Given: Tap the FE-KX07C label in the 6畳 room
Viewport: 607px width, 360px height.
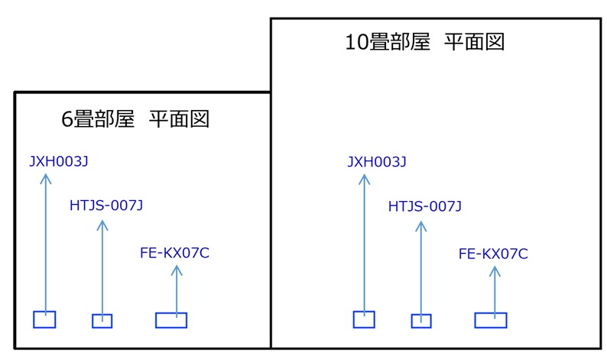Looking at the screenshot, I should (175, 253).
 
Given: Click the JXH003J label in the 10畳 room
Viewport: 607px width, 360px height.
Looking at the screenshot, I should (376, 161).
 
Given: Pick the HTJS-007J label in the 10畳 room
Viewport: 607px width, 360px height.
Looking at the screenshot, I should (425, 206).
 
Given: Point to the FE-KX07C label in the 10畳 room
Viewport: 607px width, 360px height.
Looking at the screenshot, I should (493, 254).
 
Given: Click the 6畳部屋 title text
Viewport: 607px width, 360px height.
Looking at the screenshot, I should (98, 119).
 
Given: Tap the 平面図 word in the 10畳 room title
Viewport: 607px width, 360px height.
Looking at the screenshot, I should (475, 43).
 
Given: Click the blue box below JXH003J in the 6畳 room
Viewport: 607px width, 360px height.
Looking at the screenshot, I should (44, 319).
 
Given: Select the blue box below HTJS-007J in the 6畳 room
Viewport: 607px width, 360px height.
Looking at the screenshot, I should (102, 321).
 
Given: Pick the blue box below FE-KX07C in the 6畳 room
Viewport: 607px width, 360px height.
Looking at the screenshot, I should (171, 320).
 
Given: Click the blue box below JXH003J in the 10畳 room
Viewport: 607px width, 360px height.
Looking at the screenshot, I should (364, 319).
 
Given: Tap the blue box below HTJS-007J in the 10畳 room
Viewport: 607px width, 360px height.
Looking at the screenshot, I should (421, 321).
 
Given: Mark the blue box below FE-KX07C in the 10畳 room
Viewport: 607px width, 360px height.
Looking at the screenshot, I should (491, 320).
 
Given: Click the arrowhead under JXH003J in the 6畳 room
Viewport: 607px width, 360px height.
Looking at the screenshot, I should (45, 178).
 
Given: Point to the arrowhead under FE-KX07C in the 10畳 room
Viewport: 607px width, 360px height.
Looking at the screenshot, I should (495, 270).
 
